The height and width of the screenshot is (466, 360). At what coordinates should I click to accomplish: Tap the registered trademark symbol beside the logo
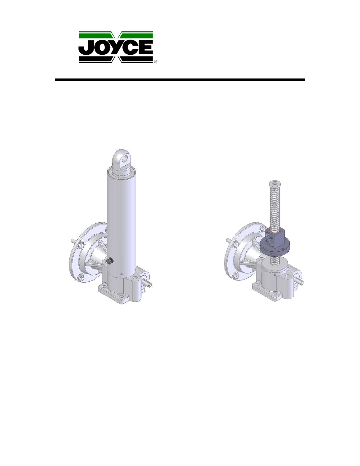(x=155, y=62)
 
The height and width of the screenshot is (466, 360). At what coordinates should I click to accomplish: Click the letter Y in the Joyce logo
(x=118, y=48)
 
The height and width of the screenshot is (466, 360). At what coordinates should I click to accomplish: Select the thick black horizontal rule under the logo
(x=180, y=80)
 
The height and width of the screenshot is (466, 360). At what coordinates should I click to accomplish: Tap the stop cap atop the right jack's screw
(x=275, y=183)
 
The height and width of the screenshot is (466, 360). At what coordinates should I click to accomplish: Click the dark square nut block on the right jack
(x=274, y=238)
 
